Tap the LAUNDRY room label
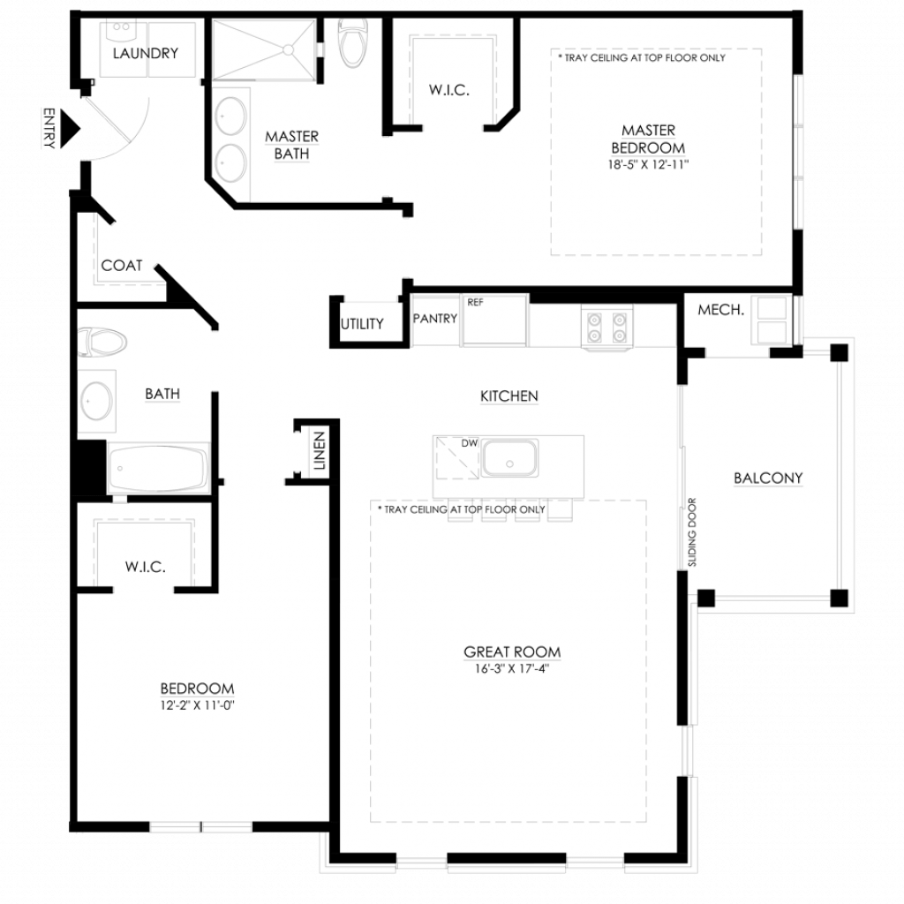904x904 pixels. click(x=146, y=54)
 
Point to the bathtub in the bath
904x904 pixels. click(x=158, y=468)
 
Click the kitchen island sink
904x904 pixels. click(x=509, y=458)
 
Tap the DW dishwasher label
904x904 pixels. click(x=470, y=443)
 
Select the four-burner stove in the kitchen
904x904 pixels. click(x=606, y=327)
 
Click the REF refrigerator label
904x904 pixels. click(x=476, y=302)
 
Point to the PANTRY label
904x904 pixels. click(x=435, y=318)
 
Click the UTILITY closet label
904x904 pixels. click(x=362, y=324)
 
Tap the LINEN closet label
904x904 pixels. click(x=320, y=450)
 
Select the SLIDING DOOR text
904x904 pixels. click(x=692, y=532)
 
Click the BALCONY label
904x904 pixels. click(x=768, y=478)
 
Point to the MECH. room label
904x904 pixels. click(x=720, y=310)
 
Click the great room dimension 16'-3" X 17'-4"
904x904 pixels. click(x=512, y=669)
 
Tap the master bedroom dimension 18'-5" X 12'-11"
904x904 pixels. click(x=648, y=164)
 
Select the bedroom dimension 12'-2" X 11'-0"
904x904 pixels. click(x=197, y=705)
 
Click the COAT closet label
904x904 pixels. click(x=122, y=266)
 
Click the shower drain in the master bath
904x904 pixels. click(x=287, y=50)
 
